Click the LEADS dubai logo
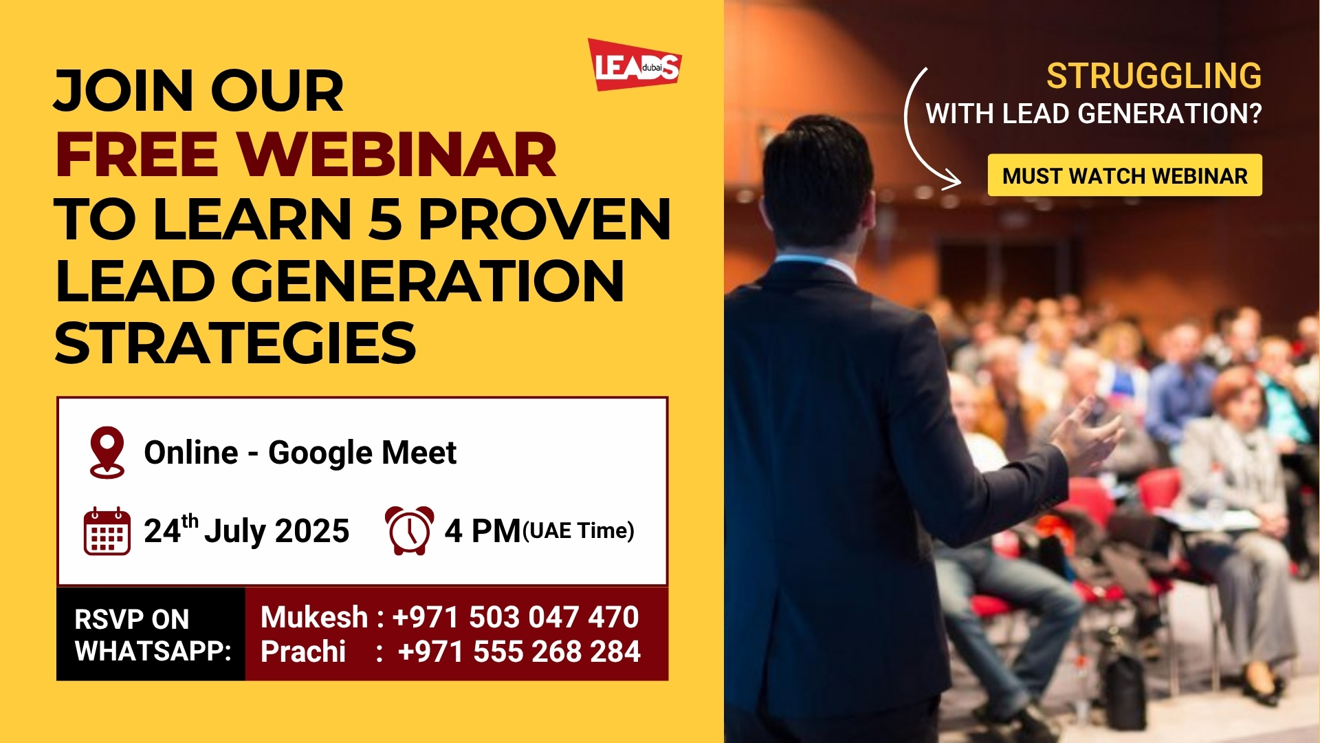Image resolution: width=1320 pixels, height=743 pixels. (x=635, y=65)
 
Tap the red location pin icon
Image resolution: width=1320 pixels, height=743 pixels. (x=107, y=452)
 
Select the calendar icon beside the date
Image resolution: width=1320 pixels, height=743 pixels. (x=107, y=531)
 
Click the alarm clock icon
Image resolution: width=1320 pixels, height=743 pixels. (x=409, y=530)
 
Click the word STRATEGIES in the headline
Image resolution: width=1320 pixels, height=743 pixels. (x=235, y=343)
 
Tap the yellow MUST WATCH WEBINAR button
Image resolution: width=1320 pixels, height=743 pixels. (x=1125, y=175)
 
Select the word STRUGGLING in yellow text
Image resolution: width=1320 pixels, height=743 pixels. (x=1154, y=76)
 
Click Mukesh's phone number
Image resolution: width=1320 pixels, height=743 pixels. (x=516, y=617)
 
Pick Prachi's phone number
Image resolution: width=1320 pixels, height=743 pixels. (x=519, y=652)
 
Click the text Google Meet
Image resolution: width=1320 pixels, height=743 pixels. (x=362, y=453)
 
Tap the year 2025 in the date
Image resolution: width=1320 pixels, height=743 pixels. (x=312, y=531)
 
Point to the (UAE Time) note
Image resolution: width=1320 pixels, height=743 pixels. (x=578, y=531)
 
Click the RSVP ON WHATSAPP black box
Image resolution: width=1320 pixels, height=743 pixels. (x=151, y=634)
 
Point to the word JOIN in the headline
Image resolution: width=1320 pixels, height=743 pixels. (x=124, y=91)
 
